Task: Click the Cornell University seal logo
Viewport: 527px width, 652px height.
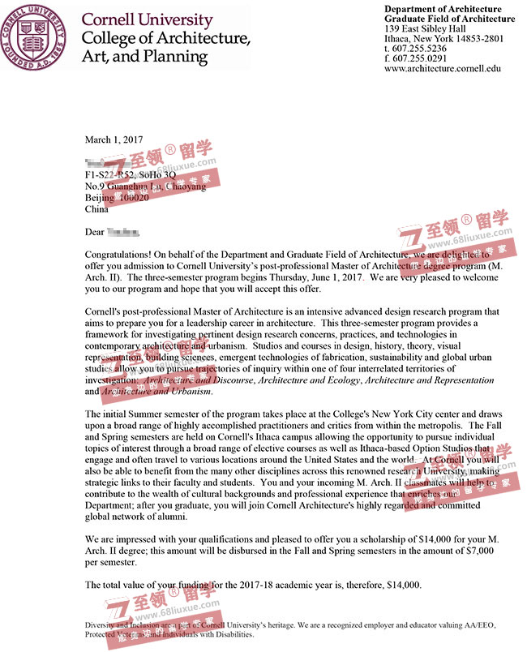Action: click(x=36, y=37)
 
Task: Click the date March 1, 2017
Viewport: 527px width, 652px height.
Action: click(x=113, y=139)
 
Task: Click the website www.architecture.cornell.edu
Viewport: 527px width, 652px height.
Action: click(x=443, y=70)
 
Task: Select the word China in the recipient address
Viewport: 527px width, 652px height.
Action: click(x=97, y=209)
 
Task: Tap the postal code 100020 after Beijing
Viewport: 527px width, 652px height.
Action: click(x=133, y=198)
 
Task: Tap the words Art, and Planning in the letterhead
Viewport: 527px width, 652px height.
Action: click(x=145, y=58)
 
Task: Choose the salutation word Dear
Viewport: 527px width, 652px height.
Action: click(x=95, y=233)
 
